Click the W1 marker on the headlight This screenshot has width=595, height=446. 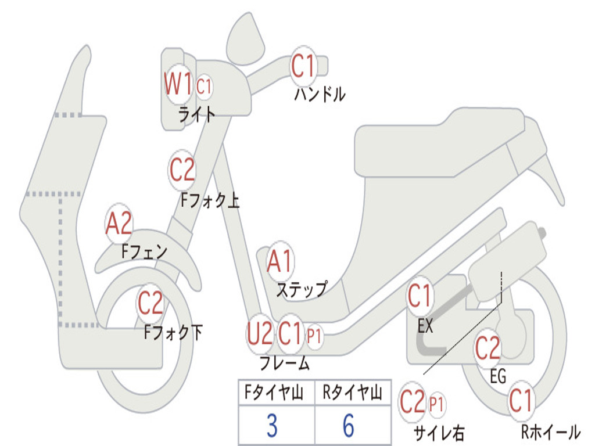(178, 85)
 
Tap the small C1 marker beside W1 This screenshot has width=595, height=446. (204, 87)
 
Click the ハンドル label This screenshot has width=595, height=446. (319, 94)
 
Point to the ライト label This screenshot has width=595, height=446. (196, 114)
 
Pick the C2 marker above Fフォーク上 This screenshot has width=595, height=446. (182, 170)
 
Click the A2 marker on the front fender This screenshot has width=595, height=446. (119, 224)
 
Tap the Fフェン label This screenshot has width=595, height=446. (144, 252)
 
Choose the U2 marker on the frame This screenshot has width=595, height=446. (259, 334)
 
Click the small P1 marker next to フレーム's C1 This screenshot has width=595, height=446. (314, 336)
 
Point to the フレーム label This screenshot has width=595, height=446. (284, 364)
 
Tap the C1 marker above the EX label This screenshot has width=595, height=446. (420, 297)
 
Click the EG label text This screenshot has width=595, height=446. (498, 376)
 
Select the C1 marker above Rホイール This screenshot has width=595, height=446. (521, 401)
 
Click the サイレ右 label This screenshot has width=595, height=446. (439, 432)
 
